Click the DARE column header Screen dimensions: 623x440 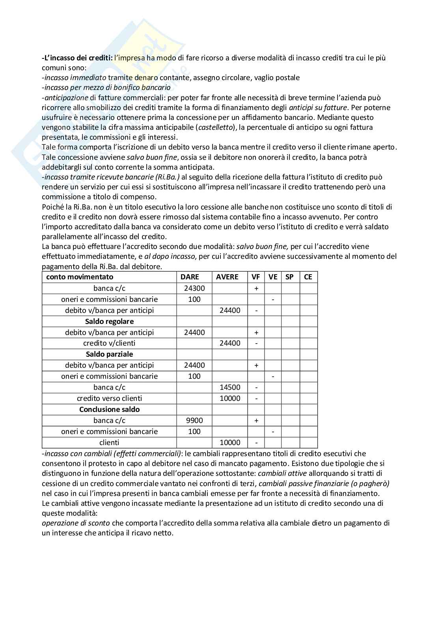click(x=190, y=277)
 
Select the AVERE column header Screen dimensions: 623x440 click(x=227, y=277)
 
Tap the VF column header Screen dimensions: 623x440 click(x=256, y=277)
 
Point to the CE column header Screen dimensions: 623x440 click(x=308, y=277)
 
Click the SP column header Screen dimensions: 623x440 click(x=289, y=277)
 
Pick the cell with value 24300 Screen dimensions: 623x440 click(x=194, y=288)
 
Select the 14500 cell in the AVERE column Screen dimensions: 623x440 click(x=230, y=387)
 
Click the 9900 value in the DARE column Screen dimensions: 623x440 click(x=194, y=421)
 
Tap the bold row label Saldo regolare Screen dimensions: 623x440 click(x=109, y=322)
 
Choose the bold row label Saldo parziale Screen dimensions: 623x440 click(x=109, y=354)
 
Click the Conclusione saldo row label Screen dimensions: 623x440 click(x=109, y=410)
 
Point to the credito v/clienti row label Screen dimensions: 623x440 click(x=109, y=343)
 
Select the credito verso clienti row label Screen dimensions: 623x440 click(x=109, y=398)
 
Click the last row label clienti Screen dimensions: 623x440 click(x=109, y=443)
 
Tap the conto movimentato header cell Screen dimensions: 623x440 click(x=80, y=277)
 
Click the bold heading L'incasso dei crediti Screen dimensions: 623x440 click(x=77, y=58)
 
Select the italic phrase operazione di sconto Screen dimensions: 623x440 click(x=76, y=523)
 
